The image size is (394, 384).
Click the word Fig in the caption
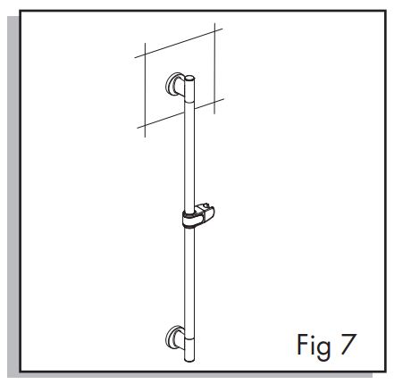point(314,346)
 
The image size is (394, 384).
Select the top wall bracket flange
point(171,84)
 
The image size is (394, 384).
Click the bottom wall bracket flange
point(171,338)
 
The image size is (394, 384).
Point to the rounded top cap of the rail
point(189,79)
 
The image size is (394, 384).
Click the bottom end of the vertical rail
point(189,360)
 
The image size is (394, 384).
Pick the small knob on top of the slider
point(204,206)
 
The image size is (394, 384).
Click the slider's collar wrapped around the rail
point(189,221)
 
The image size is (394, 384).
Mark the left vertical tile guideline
point(145,90)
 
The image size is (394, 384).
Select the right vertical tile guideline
point(214,68)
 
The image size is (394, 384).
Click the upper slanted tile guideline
point(179,43)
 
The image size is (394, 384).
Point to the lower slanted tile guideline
point(180,113)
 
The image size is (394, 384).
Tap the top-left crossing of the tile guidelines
point(145,54)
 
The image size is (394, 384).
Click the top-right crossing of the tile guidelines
point(214,31)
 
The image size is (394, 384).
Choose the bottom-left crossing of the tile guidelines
point(145,126)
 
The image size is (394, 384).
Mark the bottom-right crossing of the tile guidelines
point(214,102)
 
